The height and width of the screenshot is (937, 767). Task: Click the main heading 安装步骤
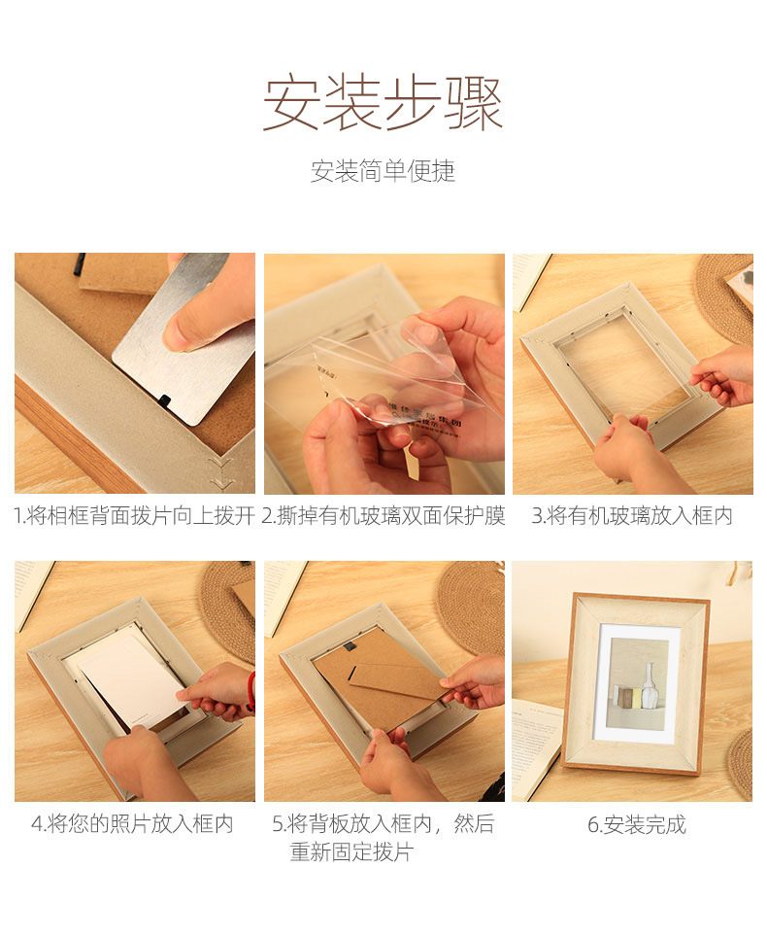tap(383, 103)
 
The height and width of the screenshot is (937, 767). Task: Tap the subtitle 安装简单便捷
tap(383, 171)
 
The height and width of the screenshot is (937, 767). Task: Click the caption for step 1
tap(134, 515)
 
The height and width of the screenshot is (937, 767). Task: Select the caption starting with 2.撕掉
tap(383, 515)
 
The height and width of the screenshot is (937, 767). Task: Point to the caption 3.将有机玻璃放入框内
tap(631, 515)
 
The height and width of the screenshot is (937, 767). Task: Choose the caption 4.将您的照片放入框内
tap(132, 823)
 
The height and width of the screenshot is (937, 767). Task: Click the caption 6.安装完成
tap(636, 824)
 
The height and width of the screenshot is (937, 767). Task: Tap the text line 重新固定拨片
tap(351, 851)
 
